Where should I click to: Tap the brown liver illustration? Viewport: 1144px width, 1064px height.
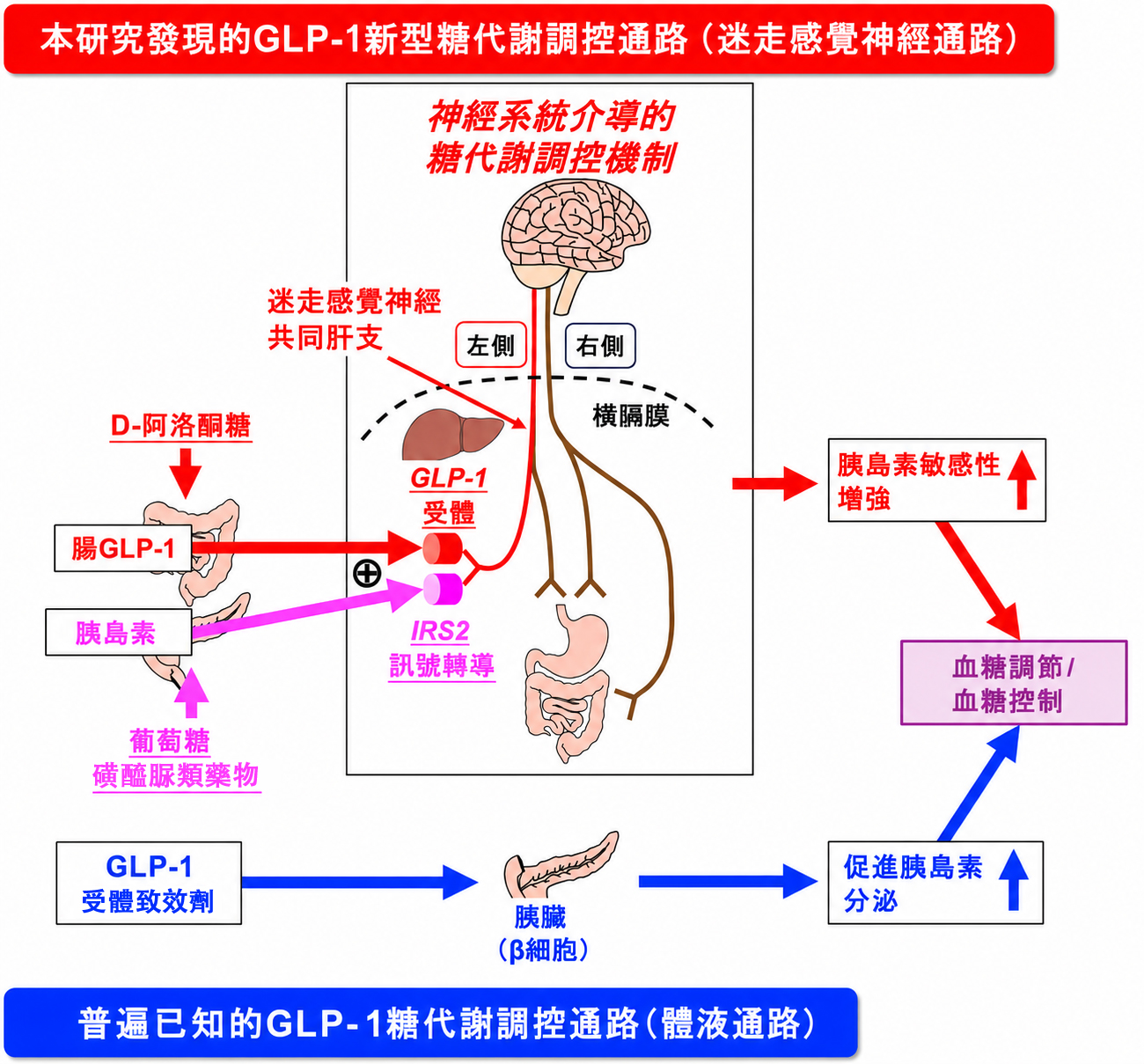[x=452, y=434]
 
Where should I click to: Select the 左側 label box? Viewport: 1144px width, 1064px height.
[x=491, y=345]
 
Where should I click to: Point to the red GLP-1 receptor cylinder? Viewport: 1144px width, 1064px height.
[x=443, y=548]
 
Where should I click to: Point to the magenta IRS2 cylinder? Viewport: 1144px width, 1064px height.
[x=443, y=589]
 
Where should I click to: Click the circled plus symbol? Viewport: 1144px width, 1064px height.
[x=367, y=573]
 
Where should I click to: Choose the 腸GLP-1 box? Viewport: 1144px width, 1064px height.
[x=122, y=548]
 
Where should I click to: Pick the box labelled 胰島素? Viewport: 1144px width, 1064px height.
[x=118, y=632]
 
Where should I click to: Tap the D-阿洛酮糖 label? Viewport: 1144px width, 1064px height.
[x=181, y=426]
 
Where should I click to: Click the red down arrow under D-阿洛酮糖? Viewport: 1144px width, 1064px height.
[x=185, y=473]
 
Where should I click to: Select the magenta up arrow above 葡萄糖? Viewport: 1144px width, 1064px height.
[x=191, y=693]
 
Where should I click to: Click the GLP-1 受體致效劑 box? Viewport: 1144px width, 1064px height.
[x=149, y=883]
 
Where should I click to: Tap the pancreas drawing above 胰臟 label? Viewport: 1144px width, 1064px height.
[x=561, y=864]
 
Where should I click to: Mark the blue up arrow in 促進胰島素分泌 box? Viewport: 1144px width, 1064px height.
[x=1014, y=881]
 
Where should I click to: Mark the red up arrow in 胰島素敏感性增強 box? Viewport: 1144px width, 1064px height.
[x=1022, y=480]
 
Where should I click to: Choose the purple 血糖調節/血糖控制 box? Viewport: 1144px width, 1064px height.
[x=1014, y=683]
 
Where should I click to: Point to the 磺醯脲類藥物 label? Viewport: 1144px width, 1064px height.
[x=176, y=775]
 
